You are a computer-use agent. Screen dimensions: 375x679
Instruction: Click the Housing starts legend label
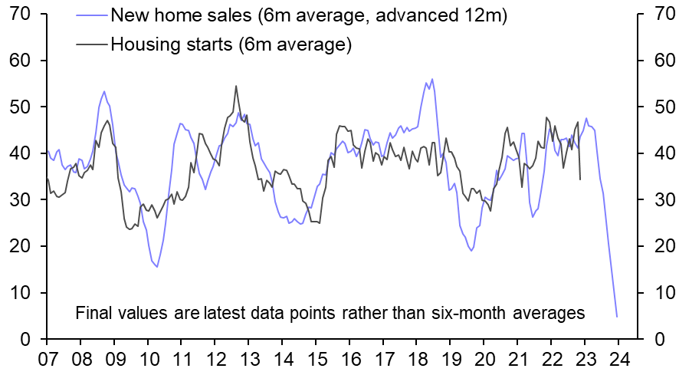coord(231,44)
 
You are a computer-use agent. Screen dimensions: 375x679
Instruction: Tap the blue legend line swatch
coord(91,15)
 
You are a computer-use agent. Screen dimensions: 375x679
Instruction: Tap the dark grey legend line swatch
coord(91,44)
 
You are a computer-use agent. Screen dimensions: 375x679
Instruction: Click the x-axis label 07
coord(48,359)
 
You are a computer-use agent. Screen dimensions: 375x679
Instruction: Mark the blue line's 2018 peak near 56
coord(432,78)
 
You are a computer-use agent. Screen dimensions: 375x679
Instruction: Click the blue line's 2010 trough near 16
coord(157,266)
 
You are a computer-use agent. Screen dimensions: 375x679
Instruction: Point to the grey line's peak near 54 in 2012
coord(236,86)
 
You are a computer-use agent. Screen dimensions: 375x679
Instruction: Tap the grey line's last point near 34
coord(580,179)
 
